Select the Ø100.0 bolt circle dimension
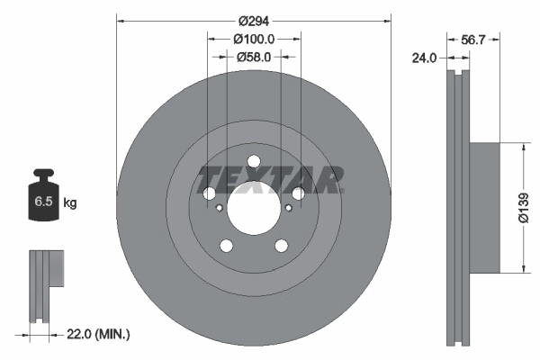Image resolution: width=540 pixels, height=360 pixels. [254, 39]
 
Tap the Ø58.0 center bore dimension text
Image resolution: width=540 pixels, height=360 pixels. [254, 57]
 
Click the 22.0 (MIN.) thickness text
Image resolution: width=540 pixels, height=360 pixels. [99, 334]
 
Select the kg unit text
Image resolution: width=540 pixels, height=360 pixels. [70, 203]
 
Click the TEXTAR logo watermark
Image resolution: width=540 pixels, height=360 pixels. [270, 179]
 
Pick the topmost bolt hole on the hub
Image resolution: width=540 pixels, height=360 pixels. [254, 162]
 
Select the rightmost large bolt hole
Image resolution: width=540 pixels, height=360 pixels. [298, 193]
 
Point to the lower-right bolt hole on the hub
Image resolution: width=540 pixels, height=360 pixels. [281, 245]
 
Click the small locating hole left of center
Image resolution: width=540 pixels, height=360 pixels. [220, 208]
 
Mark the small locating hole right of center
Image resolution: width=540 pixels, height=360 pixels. [288, 208]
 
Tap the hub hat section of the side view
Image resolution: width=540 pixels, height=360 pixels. [484, 207]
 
